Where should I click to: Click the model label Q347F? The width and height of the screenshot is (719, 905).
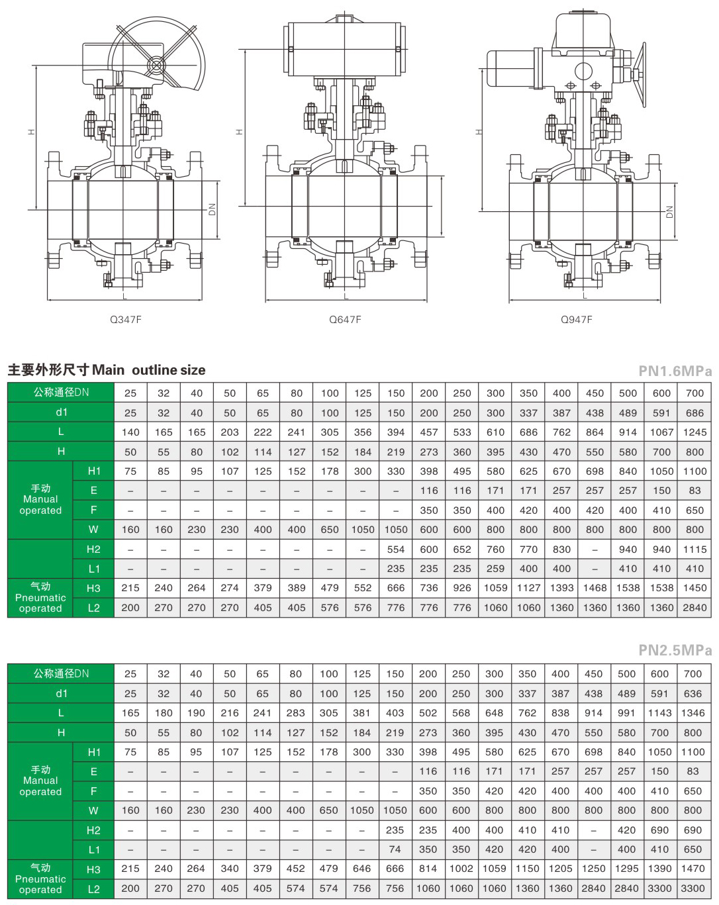[x=125, y=320]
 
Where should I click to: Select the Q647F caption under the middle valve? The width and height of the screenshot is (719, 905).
[x=345, y=320]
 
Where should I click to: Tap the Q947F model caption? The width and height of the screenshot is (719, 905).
[x=577, y=320]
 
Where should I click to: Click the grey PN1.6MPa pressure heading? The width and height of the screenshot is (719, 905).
[x=675, y=371]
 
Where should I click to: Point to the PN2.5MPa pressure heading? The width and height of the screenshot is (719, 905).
[x=675, y=650]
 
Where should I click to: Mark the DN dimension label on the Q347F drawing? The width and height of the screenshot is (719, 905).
[x=212, y=209]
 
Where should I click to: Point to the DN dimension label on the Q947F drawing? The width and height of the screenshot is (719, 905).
[x=669, y=212]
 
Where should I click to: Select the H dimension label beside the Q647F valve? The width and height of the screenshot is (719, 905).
[x=240, y=132]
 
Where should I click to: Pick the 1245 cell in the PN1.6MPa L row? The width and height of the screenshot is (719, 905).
[x=695, y=432]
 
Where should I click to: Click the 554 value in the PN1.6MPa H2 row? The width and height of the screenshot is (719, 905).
[x=395, y=549]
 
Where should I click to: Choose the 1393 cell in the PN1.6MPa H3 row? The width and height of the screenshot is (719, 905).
[x=561, y=588]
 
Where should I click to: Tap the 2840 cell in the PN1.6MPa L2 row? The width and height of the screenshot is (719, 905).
[x=695, y=608]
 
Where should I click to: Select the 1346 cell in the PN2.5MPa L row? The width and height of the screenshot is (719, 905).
[x=693, y=713]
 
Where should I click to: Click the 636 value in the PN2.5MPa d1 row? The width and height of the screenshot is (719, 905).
[x=693, y=693]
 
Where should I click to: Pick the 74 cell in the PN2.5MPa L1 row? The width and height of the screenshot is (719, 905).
[x=395, y=849]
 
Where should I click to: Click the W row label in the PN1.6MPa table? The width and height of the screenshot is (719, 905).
[x=93, y=530]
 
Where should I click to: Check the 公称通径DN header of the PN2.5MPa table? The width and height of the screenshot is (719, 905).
[x=62, y=674]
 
